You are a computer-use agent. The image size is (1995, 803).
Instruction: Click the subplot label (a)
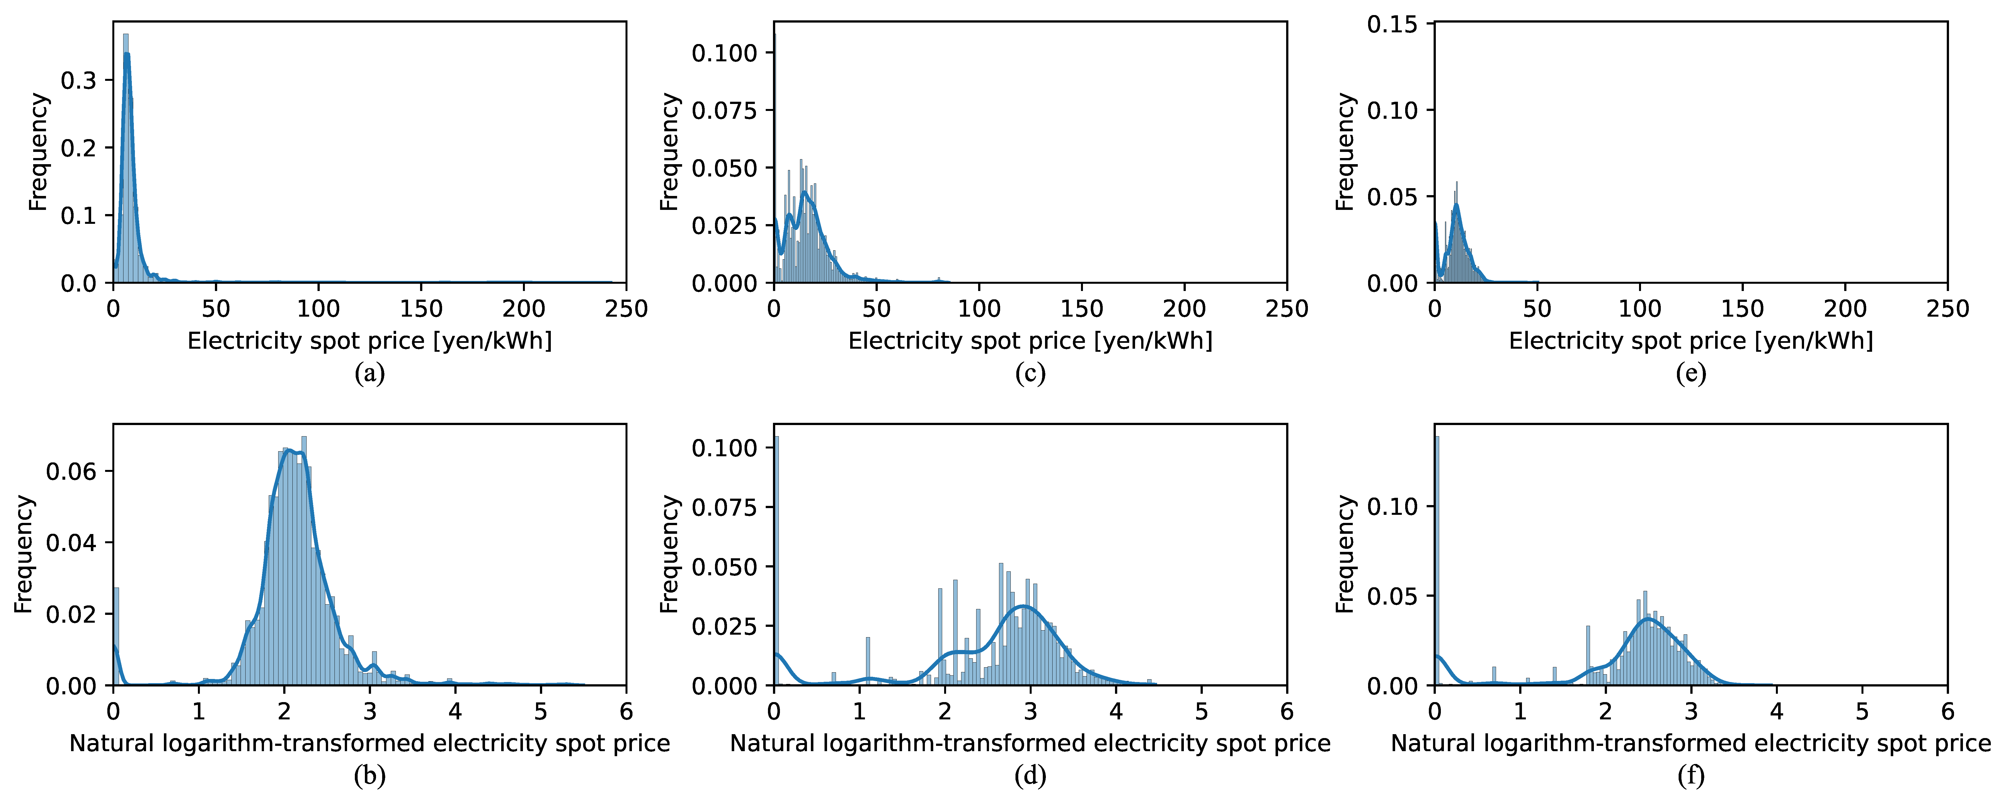[369, 373]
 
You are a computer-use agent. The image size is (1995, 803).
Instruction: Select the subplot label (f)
[1691, 775]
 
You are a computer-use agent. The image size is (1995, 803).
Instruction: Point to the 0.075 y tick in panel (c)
[723, 111]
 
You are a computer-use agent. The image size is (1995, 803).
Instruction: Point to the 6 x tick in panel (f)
[1947, 711]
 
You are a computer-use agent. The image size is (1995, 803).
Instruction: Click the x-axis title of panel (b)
[369, 743]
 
